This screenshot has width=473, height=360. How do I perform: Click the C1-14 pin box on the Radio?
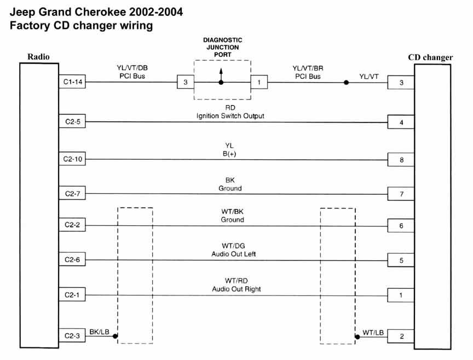[72, 83]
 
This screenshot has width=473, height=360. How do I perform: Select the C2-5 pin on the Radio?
[72, 121]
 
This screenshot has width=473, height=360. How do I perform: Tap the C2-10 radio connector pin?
[72, 160]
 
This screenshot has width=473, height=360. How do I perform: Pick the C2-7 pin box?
[72, 193]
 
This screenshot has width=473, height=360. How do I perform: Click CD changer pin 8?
[401, 160]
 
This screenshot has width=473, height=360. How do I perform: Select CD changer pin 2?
[401, 336]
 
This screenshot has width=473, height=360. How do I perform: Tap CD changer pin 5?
[401, 260]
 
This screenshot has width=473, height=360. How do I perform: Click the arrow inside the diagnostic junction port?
[221, 74]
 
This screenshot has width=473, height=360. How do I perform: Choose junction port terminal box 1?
[258, 83]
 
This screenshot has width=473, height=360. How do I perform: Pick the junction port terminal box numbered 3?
[185, 83]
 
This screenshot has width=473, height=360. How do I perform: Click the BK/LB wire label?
[99, 332]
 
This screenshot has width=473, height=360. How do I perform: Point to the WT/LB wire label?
[373, 332]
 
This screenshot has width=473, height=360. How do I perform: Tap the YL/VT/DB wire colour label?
[132, 68]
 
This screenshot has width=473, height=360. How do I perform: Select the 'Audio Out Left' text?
[233, 254]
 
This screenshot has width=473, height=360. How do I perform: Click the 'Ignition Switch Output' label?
[230, 116]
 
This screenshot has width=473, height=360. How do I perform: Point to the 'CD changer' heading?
[430, 57]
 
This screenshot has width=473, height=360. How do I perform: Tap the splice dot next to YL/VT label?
[346, 83]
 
